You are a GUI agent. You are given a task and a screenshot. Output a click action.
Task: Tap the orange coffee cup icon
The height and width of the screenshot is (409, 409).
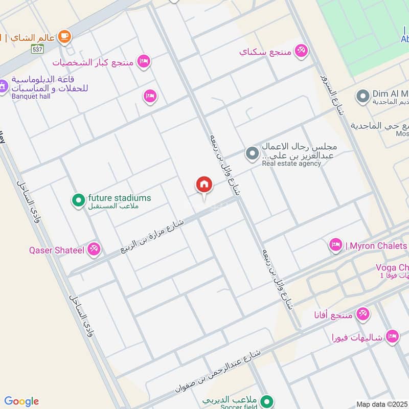[x=64, y=36]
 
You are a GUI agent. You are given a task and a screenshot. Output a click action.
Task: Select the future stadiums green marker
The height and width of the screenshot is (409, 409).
[x=78, y=200]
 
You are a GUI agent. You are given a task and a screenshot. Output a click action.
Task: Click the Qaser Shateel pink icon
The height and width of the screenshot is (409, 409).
[x=94, y=249]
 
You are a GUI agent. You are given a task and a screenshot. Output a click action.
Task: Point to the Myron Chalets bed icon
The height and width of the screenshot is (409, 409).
[x=335, y=245]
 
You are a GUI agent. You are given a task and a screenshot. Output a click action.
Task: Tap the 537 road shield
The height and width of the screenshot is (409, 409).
[x=36, y=50]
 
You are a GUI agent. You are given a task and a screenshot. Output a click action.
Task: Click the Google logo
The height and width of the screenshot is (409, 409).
[x=21, y=401]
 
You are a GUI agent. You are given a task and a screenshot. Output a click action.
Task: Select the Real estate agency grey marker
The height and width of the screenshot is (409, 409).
[x=252, y=153]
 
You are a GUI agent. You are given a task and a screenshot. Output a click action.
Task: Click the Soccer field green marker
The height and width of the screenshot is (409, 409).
[x=266, y=401]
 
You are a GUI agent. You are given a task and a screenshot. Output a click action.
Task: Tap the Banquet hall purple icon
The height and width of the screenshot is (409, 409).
[x=3, y=85]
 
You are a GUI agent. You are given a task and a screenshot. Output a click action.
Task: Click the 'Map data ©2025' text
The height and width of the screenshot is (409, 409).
[x=381, y=404]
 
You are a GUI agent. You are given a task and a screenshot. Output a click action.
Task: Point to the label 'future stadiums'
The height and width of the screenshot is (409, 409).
[x=119, y=198]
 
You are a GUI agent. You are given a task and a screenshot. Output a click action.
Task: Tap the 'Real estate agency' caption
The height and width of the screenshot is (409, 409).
[x=291, y=164]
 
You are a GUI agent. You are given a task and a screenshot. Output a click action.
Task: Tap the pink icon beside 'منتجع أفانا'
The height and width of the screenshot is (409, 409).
[x=363, y=313]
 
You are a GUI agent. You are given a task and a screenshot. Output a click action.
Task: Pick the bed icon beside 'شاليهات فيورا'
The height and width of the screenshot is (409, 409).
[x=392, y=336]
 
